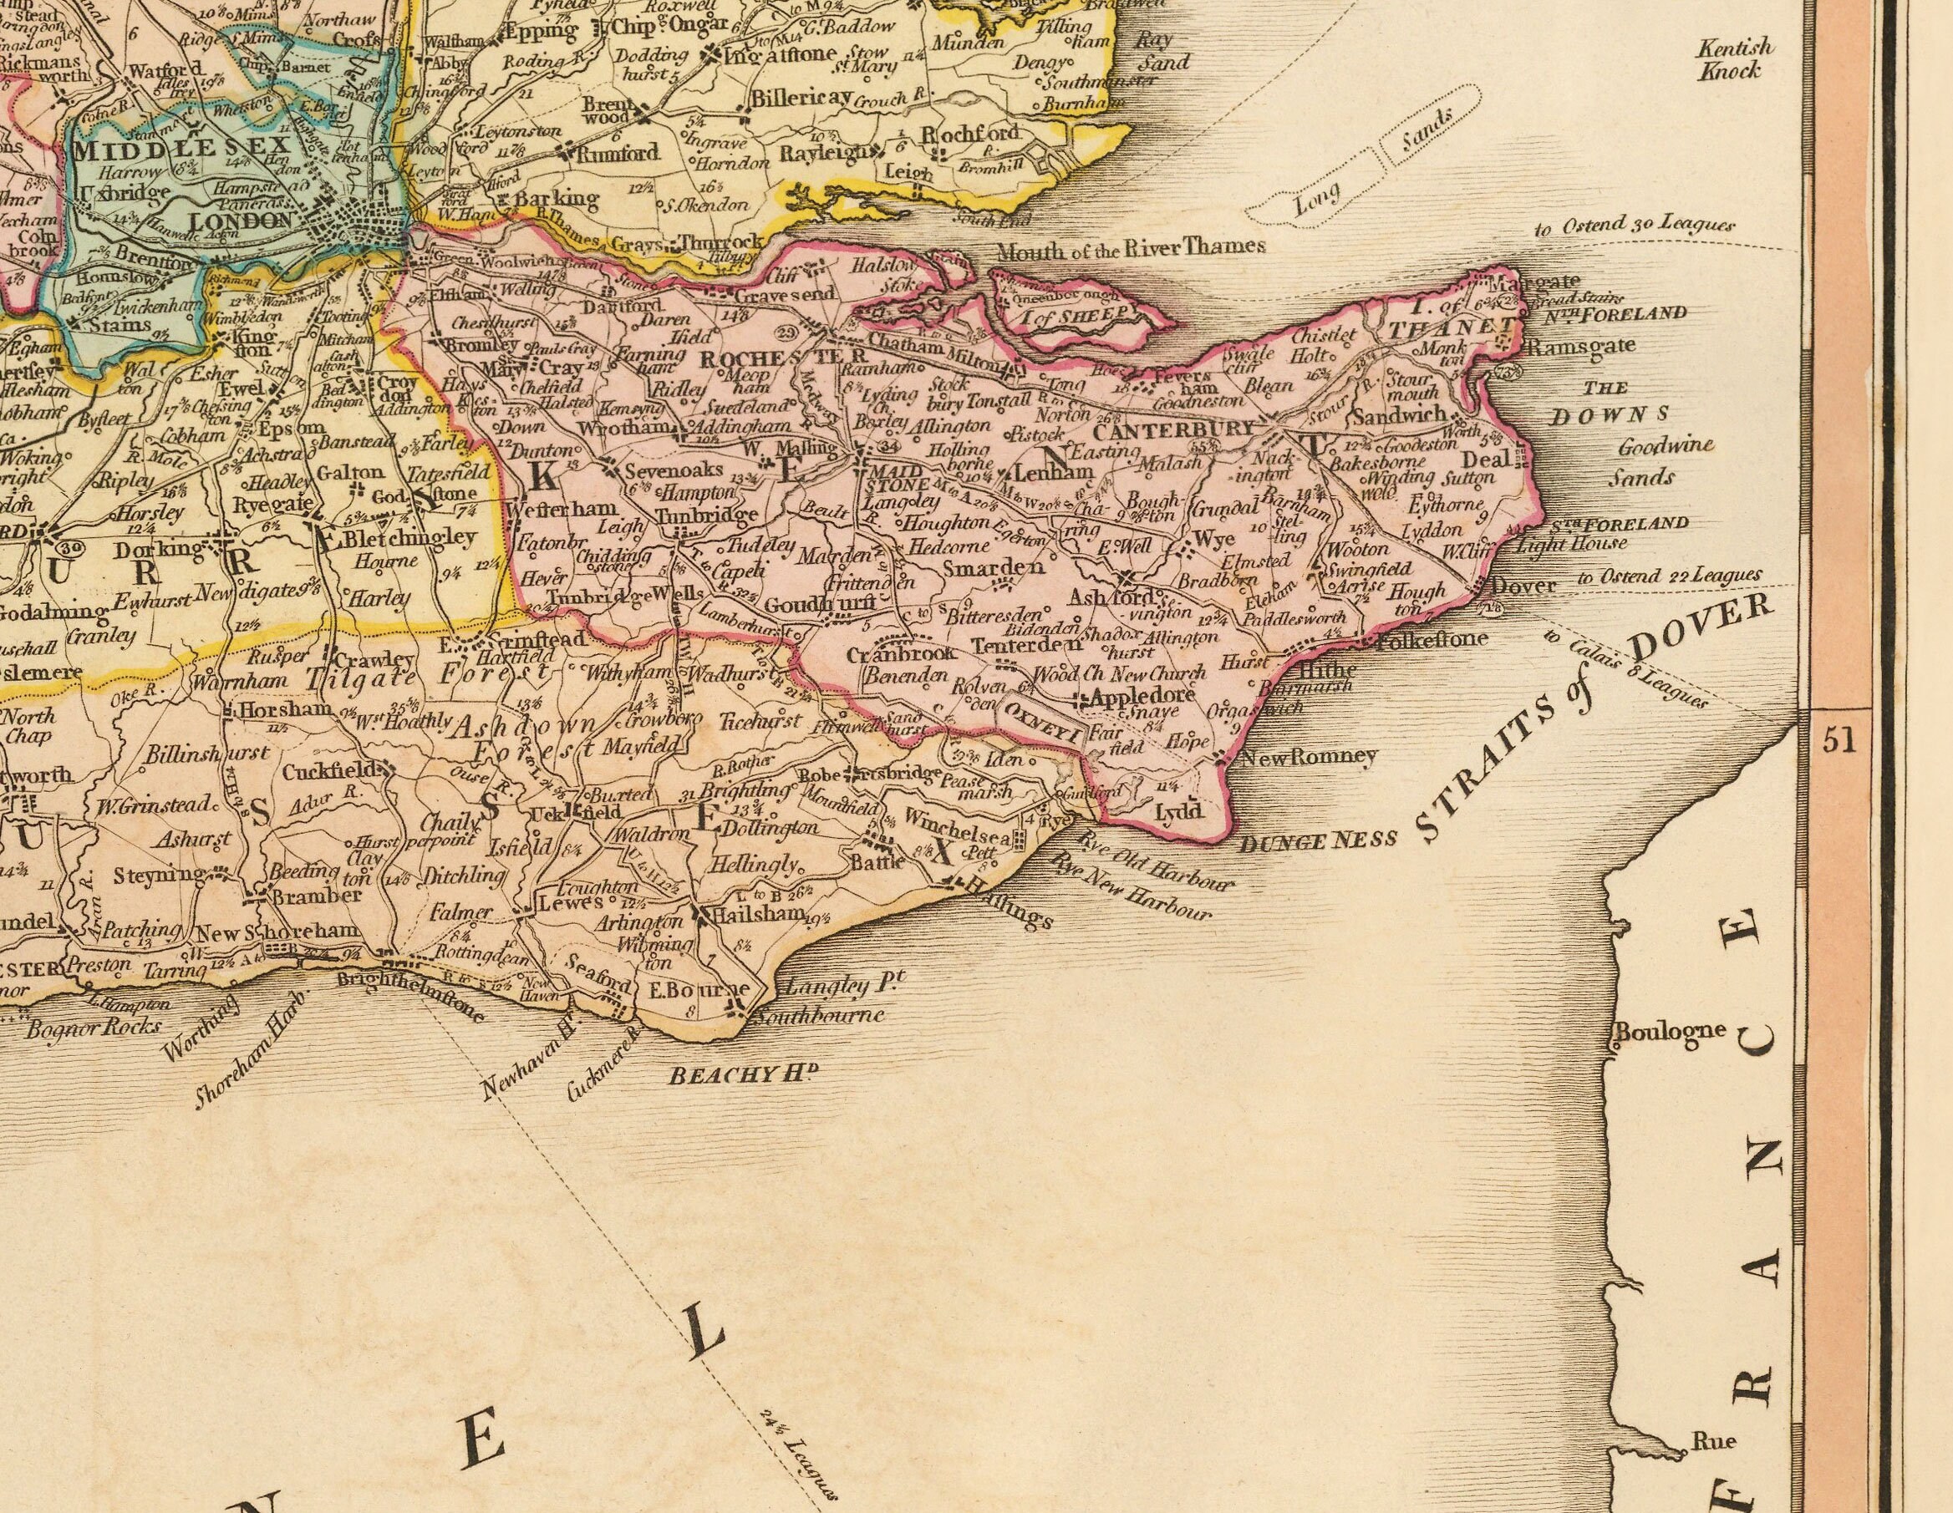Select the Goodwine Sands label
(x=1649, y=461)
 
